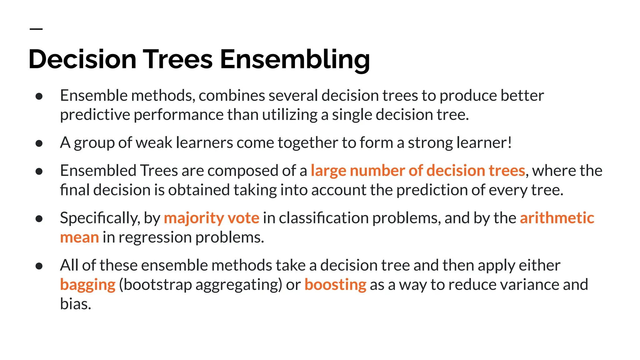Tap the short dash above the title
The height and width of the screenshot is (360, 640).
coord(36,29)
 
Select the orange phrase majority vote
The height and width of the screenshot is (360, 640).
coord(212,218)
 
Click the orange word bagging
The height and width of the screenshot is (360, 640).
coord(88,285)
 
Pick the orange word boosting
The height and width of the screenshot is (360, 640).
coord(335,285)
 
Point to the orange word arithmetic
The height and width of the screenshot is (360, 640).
coord(557,218)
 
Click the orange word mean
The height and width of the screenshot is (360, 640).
coord(79,237)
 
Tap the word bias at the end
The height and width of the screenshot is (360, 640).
coord(75,304)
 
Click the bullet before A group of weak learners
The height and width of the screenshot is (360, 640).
coord(39,143)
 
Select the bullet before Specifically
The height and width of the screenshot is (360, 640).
coord(39,219)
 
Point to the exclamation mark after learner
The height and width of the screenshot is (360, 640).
coord(510,142)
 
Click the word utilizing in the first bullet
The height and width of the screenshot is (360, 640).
coord(290,115)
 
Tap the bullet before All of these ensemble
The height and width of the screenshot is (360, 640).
coord(39,266)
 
